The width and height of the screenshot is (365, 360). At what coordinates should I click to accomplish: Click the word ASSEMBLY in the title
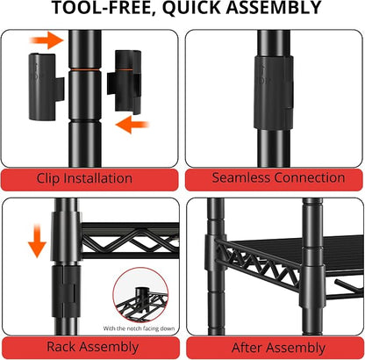click(274, 7)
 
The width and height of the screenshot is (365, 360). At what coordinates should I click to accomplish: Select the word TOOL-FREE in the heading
click(102, 7)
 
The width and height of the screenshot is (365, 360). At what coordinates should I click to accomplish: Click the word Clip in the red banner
click(48, 178)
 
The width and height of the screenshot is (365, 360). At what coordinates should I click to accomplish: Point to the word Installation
click(97, 178)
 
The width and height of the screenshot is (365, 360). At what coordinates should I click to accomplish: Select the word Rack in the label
click(61, 347)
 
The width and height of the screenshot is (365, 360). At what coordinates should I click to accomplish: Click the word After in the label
click(247, 348)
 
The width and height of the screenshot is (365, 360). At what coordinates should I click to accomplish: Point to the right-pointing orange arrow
click(47, 40)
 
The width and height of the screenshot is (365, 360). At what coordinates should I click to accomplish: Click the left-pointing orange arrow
click(132, 125)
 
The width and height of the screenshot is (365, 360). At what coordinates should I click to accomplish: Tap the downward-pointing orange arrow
click(37, 241)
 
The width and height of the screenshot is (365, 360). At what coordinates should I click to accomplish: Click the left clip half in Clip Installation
click(45, 87)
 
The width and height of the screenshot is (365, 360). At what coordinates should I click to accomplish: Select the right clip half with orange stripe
click(125, 82)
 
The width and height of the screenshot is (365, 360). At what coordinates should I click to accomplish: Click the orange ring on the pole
click(85, 69)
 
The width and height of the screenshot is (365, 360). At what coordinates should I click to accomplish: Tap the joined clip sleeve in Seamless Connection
click(273, 92)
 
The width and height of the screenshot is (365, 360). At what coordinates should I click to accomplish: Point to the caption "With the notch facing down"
click(139, 328)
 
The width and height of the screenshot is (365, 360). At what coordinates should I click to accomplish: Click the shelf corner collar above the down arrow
click(67, 236)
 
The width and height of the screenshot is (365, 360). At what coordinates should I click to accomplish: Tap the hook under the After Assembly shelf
click(349, 290)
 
